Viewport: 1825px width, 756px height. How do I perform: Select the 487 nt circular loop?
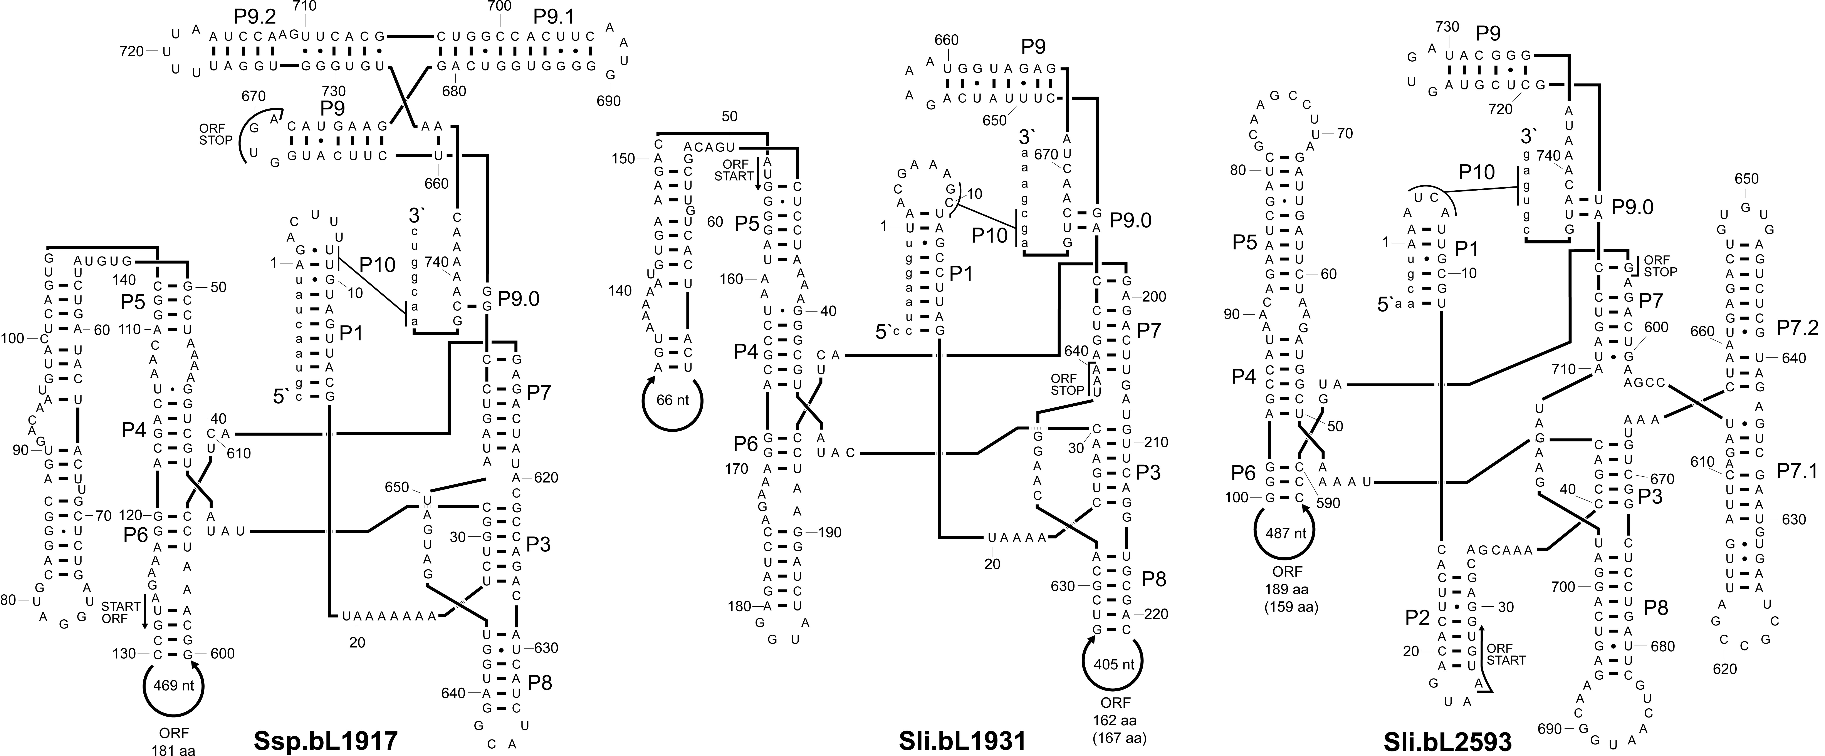click(1255, 533)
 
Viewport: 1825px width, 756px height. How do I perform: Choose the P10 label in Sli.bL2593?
click(1477, 172)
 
